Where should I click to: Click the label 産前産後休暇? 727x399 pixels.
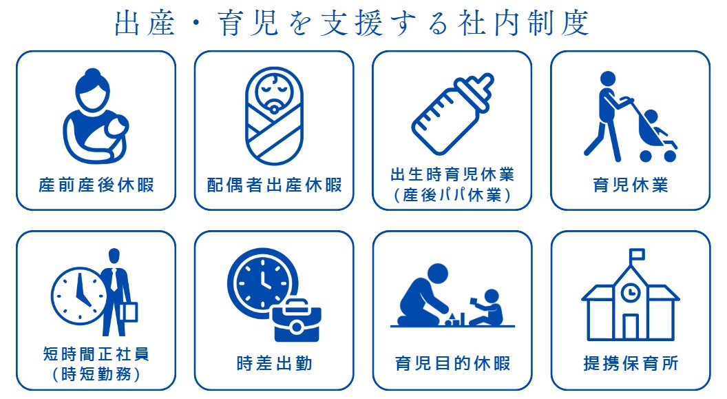(x=96, y=185)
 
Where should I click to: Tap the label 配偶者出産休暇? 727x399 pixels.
(x=275, y=185)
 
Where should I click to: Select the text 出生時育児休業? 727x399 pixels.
(x=452, y=174)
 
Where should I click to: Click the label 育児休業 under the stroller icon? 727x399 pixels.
(x=631, y=185)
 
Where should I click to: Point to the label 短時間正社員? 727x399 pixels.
(x=96, y=354)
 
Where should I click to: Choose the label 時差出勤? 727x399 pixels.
(x=275, y=363)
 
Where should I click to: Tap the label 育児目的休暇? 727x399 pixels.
(x=452, y=363)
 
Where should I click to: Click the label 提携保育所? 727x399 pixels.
(x=631, y=363)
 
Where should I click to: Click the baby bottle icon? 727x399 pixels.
(x=452, y=114)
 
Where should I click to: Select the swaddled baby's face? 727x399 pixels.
(x=274, y=91)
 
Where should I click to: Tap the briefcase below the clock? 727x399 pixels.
(x=297, y=320)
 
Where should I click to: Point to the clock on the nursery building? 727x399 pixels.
(x=630, y=293)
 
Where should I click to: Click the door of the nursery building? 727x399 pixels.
(x=630, y=327)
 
